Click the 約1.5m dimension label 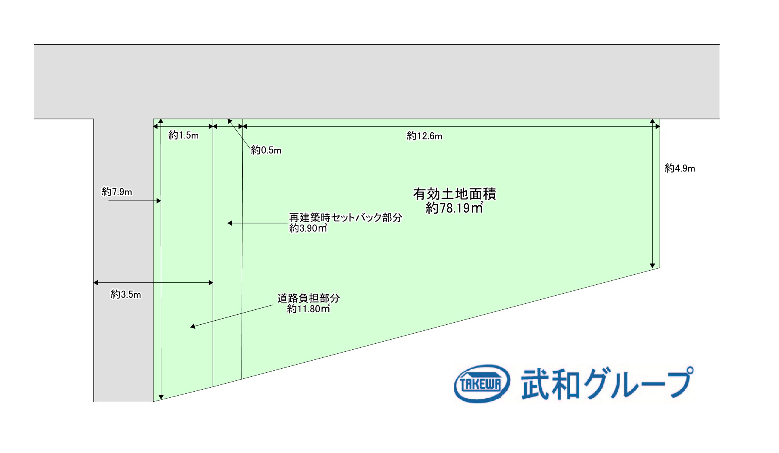coord(183,136)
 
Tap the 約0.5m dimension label coord(266,150)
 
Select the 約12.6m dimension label coord(424,136)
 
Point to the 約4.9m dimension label coord(680,169)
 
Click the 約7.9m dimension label coord(117,192)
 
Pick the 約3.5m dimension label coord(126,295)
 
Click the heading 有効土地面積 coord(454,194)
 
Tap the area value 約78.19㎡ coord(454,208)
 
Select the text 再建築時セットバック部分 coord(346,218)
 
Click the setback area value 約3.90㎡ coord(308,228)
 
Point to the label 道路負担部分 coord(309,299)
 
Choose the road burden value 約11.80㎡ coord(309,309)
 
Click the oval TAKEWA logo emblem coord(482,384)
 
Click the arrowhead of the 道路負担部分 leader coord(193,326)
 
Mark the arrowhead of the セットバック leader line coord(230,223)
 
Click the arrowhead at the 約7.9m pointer coord(159,201)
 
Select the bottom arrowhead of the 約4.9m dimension coord(652,266)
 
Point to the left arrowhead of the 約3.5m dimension coord(96,283)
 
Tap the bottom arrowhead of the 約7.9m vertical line coord(161,397)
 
